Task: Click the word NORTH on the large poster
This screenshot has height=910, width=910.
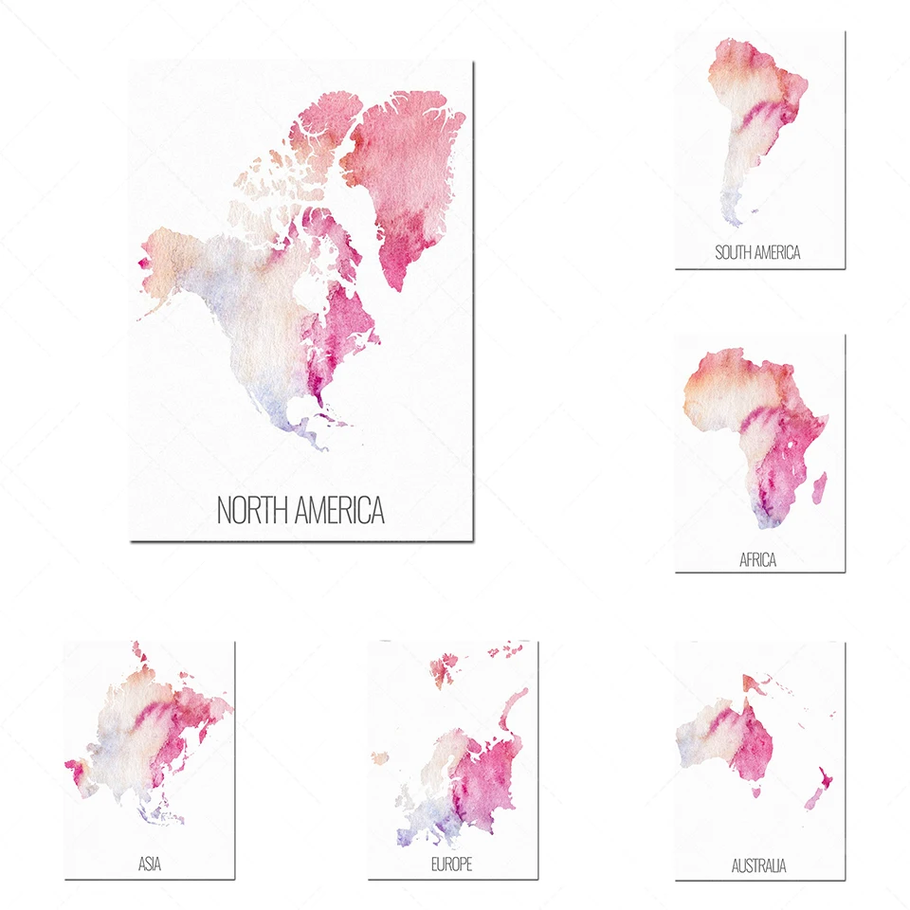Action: [254, 510]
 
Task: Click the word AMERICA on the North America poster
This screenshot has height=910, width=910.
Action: [339, 510]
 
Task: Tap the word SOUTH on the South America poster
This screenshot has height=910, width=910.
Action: [736, 252]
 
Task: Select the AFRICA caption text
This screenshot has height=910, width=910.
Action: [758, 560]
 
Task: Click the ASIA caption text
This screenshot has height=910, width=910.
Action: [149, 864]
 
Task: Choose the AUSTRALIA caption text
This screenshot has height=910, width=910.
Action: [758, 865]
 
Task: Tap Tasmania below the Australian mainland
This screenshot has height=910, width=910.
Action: [756, 790]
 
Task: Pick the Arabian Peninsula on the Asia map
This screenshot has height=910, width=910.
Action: [76, 769]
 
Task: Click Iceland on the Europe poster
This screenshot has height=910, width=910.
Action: [380, 757]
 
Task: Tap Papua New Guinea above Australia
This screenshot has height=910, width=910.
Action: [755, 684]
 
